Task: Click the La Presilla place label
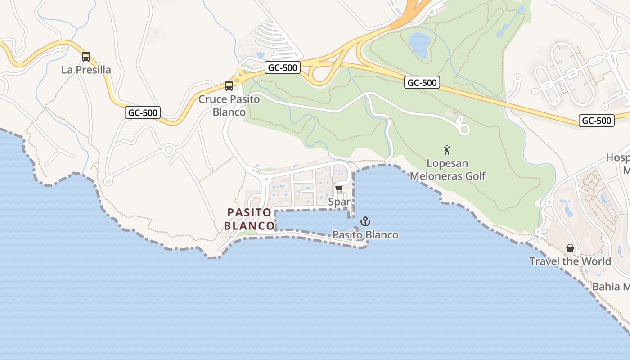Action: tap(86, 70)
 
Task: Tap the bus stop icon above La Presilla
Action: tap(86, 57)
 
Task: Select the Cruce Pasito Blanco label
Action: tap(229, 106)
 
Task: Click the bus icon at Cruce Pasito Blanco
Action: tap(229, 85)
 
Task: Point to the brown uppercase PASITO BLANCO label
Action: tap(249, 219)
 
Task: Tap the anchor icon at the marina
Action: tap(365, 221)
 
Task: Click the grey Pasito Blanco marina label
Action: tap(365, 235)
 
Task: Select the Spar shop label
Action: tap(339, 202)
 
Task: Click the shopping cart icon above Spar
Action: tap(339, 189)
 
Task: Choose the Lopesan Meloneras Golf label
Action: tap(447, 170)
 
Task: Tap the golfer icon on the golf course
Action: tap(447, 150)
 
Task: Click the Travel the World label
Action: tap(570, 261)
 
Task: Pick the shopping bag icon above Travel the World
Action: tap(570, 248)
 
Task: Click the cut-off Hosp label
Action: tap(617, 158)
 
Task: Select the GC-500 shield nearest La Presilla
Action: tap(143, 113)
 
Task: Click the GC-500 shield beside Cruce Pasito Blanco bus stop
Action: tap(282, 68)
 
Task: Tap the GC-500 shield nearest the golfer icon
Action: tap(422, 82)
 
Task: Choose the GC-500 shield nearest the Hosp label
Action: tap(596, 121)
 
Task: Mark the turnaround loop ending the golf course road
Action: tap(464, 130)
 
